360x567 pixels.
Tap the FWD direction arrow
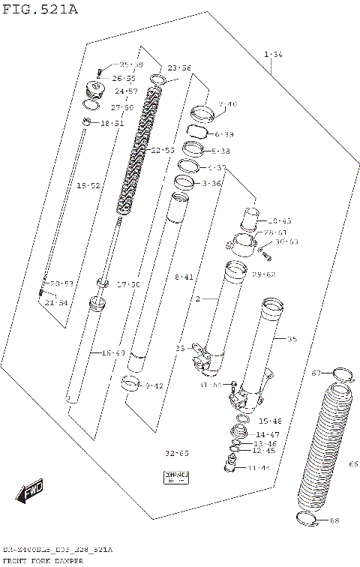click(x=29, y=493)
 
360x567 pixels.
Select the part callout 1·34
click(x=273, y=54)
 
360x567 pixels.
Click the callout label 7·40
click(x=227, y=104)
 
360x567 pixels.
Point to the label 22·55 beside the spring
click(x=163, y=151)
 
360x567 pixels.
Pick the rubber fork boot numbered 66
click(x=324, y=450)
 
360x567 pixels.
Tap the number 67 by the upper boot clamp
click(x=316, y=373)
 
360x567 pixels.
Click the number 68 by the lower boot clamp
click(x=334, y=520)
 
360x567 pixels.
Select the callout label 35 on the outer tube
click(x=292, y=339)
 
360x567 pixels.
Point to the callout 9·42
click(x=154, y=386)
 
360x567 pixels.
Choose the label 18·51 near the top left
click(x=112, y=123)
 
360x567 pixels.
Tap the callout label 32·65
click(x=177, y=454)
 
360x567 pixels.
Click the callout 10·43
click(x=279, y=221)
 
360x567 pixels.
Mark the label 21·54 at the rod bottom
click(x=55, y=302)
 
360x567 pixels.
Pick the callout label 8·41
click(x=184, y=277)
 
